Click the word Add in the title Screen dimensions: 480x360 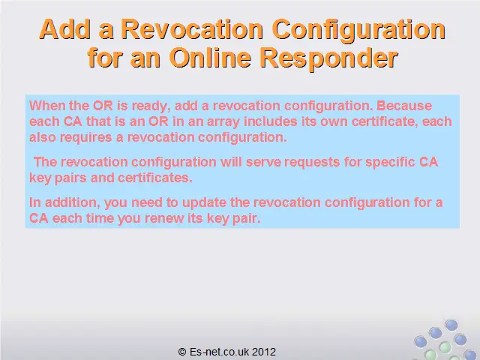tap(65, 29)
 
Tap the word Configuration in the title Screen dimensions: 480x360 tap(358, 30)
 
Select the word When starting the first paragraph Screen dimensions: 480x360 tap(47, 106)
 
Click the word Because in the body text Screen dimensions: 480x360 tap(404, 106)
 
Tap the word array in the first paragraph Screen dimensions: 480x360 tap(223, 122)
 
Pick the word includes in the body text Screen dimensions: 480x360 tap(271, 121)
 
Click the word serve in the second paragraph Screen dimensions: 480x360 tap(263, 162)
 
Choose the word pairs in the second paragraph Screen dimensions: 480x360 tap(70, 178)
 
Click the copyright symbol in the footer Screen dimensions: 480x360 tap(182, 352)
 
